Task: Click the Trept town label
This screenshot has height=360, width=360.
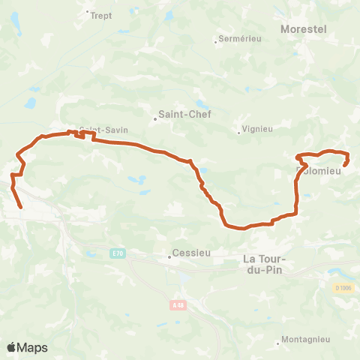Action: coord(100,13)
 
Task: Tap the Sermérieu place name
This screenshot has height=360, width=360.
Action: coord(237,39)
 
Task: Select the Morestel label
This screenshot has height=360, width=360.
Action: coord(303,28)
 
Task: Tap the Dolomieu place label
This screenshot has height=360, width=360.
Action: coord(319,170)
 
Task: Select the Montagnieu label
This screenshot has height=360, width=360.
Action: coord(306,340)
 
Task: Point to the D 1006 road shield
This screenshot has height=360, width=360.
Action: coord(343,287)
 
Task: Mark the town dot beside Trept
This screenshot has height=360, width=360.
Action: coord(87,12)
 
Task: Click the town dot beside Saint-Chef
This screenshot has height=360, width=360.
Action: coord(154,117)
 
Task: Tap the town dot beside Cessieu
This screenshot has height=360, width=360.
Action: coord(169,256)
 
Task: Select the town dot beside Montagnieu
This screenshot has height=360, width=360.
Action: coord(278,343)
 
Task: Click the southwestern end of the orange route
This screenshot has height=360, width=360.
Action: coord(20,207)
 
